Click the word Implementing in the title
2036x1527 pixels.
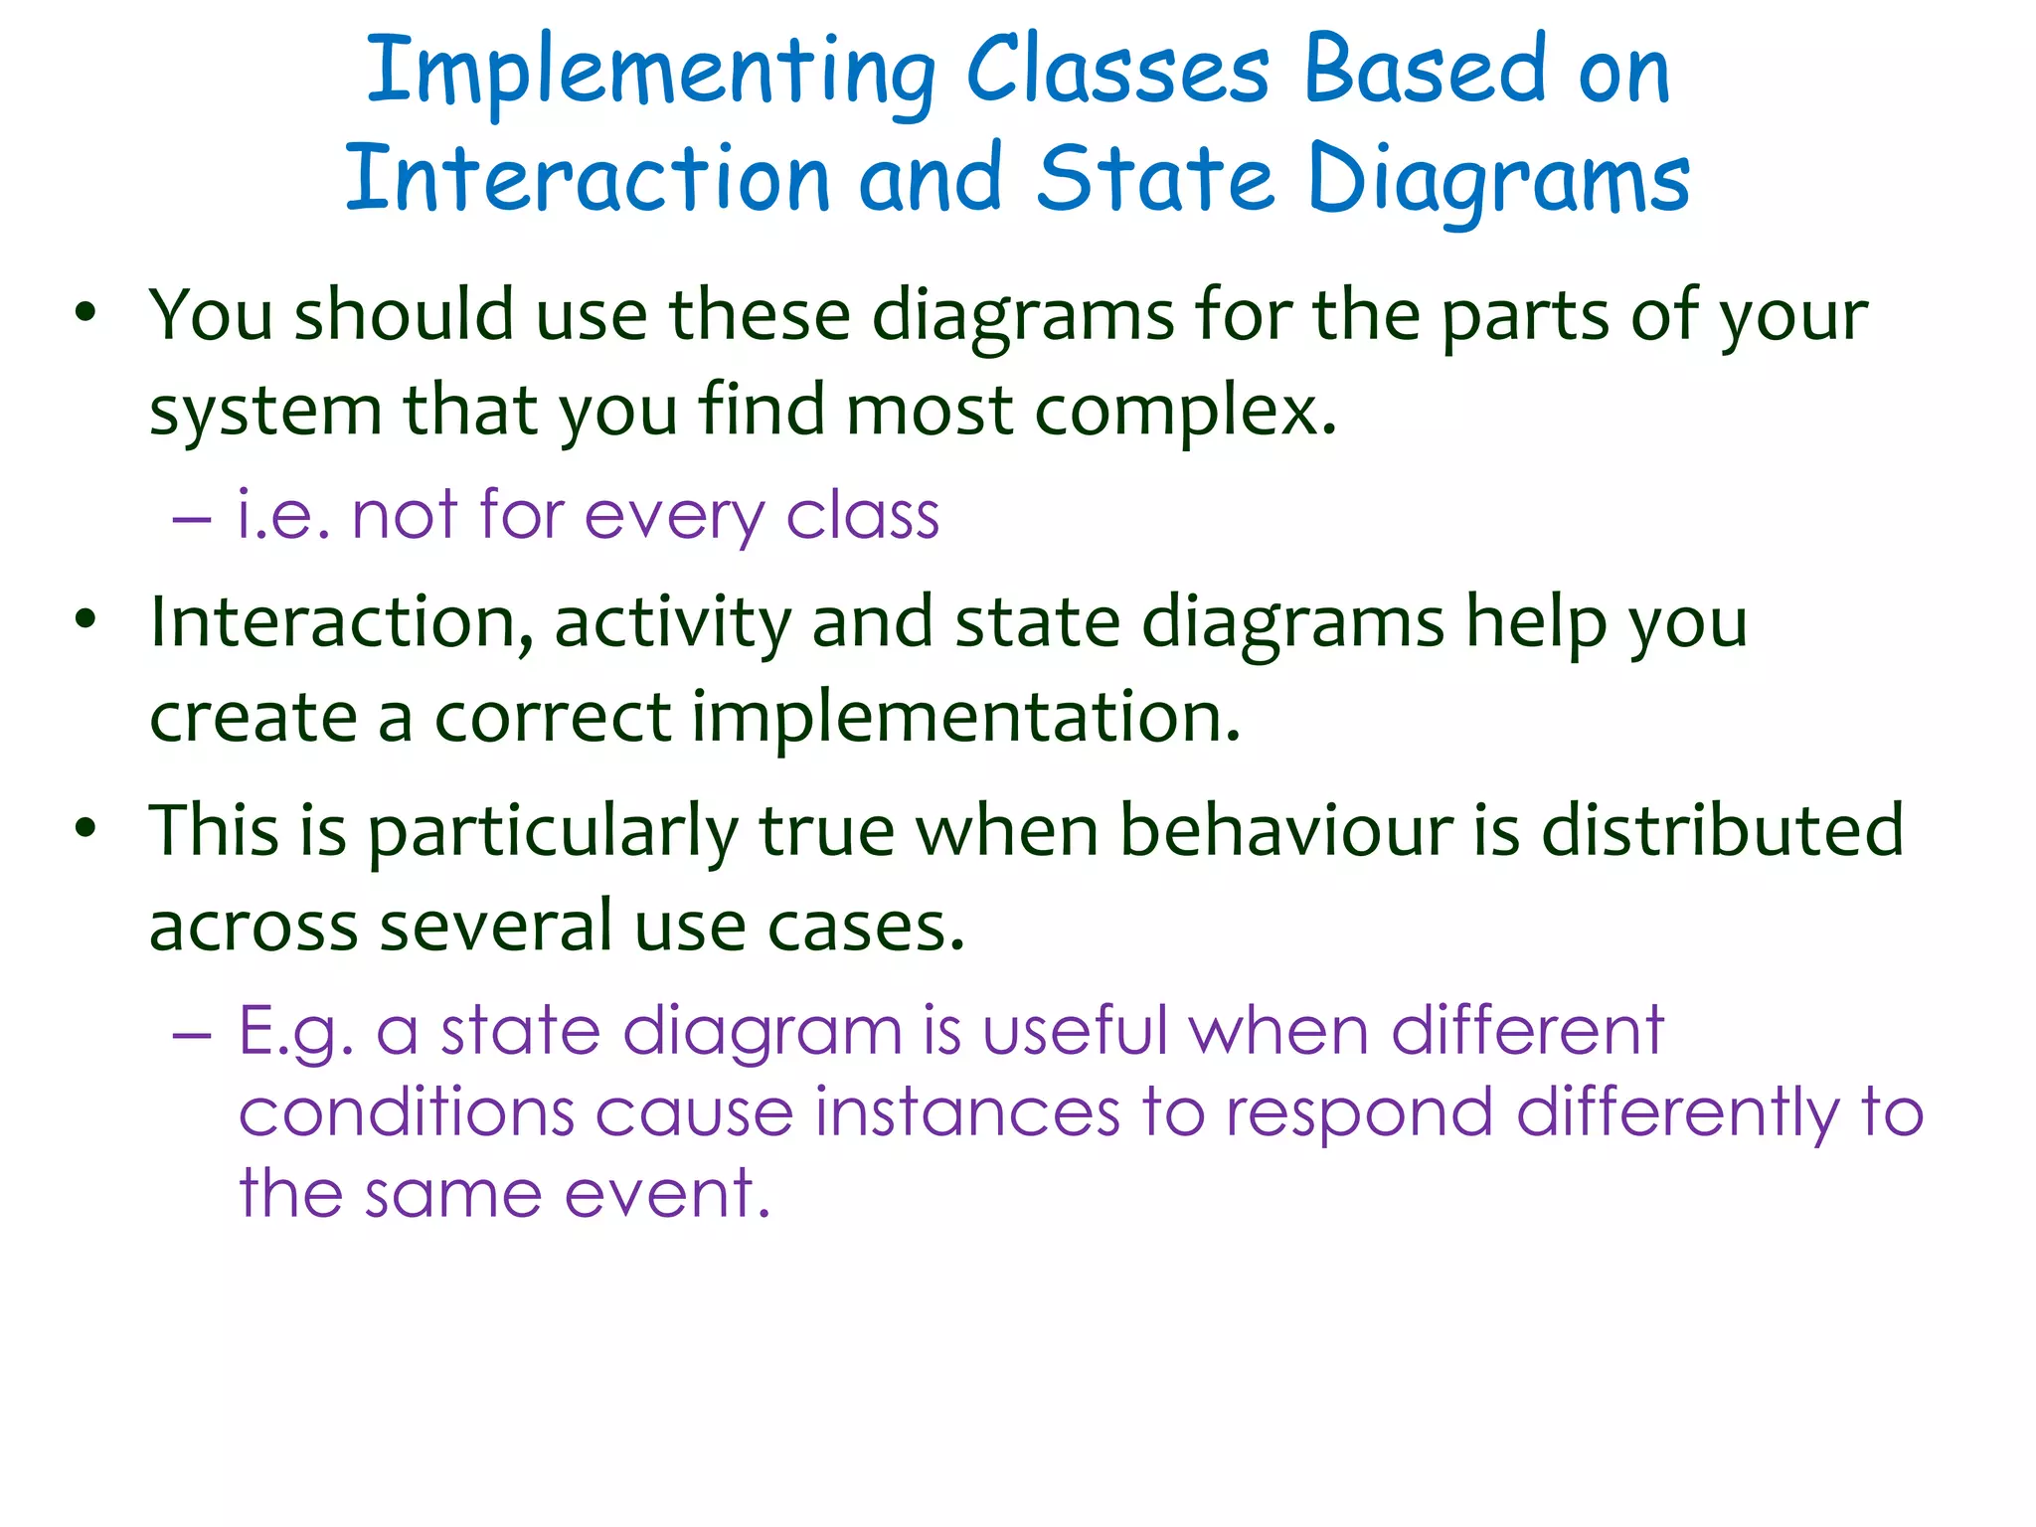pyautogui.click(x=651, y=72)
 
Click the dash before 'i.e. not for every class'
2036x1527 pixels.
pyautogui.click(x=192, y=518)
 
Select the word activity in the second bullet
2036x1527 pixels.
pyautogui.click(x=672, y=624)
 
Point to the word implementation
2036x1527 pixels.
pyautogui.click(x=965, y=719)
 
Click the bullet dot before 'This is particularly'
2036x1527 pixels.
pyautogui.click(x=86, y=828)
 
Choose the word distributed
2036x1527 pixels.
pyautogui.click(x=1722, y=830)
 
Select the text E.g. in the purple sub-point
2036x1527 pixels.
pyautogui.click(x=296, y=1033)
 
